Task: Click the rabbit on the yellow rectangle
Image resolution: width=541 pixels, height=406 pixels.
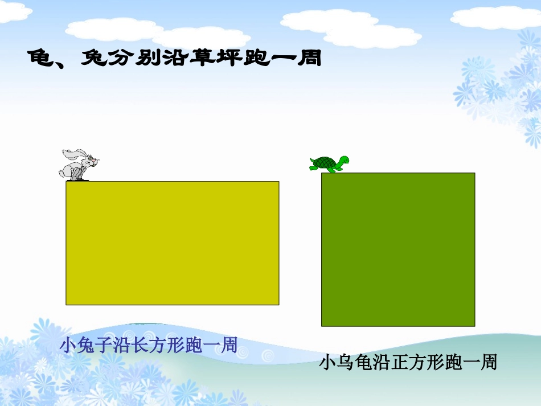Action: (79, 165)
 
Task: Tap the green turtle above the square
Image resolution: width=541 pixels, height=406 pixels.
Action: (329, 163)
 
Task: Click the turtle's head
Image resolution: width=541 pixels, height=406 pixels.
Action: (343, 161)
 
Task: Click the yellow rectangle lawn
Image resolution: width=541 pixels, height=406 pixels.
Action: (172, 243)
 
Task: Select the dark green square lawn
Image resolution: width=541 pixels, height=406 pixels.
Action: (398, 249)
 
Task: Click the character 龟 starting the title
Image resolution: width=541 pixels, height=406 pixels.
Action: (41, 58)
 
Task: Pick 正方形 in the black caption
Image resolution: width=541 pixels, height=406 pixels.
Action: (428, 363)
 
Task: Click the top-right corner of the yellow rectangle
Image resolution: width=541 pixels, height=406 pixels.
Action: (279, 182)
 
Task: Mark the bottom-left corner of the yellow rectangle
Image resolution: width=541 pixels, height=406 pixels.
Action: (66, 305)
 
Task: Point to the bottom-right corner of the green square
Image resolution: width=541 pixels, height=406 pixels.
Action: (474, 326)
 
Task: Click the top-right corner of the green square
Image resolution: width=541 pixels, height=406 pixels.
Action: (474, 173)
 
